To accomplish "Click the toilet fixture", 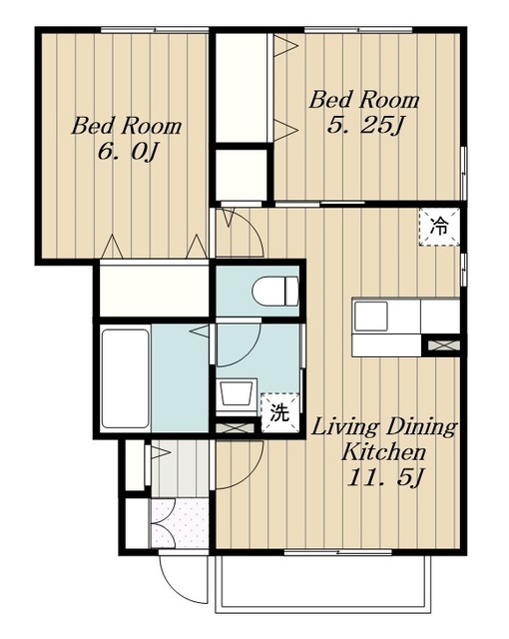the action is (x=275, y=291).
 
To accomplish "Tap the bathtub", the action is (x=125, y=378).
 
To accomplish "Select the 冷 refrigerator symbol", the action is (x=439, y=227).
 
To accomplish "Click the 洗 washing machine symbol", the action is (x=279, y=412).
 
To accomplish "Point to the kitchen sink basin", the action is (x=370, y=317).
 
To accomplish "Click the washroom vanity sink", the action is (x=236, y=392).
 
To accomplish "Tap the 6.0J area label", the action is (x=127, y=152).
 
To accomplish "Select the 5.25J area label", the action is (x=365, y=126).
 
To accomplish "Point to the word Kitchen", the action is (x=383, y=452).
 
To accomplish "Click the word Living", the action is (x=345, y=428).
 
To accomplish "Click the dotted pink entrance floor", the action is (x=180, y=523).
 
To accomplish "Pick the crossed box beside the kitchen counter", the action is (x=444, y=345).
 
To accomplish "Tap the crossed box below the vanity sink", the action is (x=235, y=428).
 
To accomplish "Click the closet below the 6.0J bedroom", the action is (x=155, y=291).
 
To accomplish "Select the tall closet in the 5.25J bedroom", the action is (x=242, y=88).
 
